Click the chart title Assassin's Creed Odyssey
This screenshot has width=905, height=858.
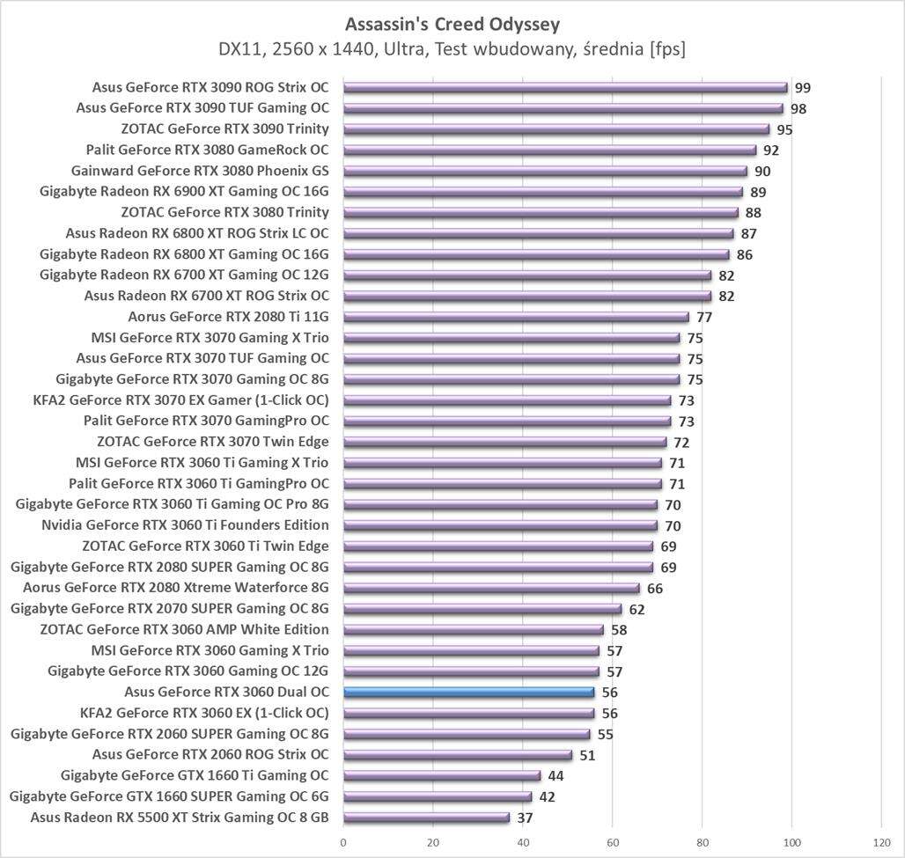pyautogui.click(x=452, y=22)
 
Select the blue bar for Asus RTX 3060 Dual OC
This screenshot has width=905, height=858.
pyautogui.click(x=468, y=692)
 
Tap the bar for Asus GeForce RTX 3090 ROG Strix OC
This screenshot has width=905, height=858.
pyautogui.click(x=565, y=87)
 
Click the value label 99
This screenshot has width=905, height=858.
pyautogui.click(x=802, y=88)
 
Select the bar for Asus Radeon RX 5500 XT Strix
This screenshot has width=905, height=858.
pyautogui.click(x=426, y=818)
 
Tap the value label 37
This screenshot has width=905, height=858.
pyautogui.click(x=525, y=818)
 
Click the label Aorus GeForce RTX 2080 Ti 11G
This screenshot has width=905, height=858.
pyautogui.click(x=228, y=317)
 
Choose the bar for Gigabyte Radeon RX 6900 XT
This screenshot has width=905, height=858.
pyautogui.click(x=542, y=191)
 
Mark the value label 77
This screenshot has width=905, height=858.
pyautogui.click(x=704, y=318)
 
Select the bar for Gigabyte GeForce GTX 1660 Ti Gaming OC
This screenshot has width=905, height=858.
pyautogui.click(x=442, y=775)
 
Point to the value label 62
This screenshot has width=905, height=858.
pyautogui.click(x=637, y=609)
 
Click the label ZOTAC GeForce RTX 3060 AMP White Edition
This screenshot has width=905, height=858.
pyautogui.click(x=184, y=629)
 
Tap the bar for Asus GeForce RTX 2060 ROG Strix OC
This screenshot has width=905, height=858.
pyautogui.click(x=458, y=754)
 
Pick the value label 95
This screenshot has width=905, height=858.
pyautogui.click(x=784, y=129)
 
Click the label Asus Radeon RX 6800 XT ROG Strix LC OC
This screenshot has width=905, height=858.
pyautogui.click(x=196, y=233)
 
